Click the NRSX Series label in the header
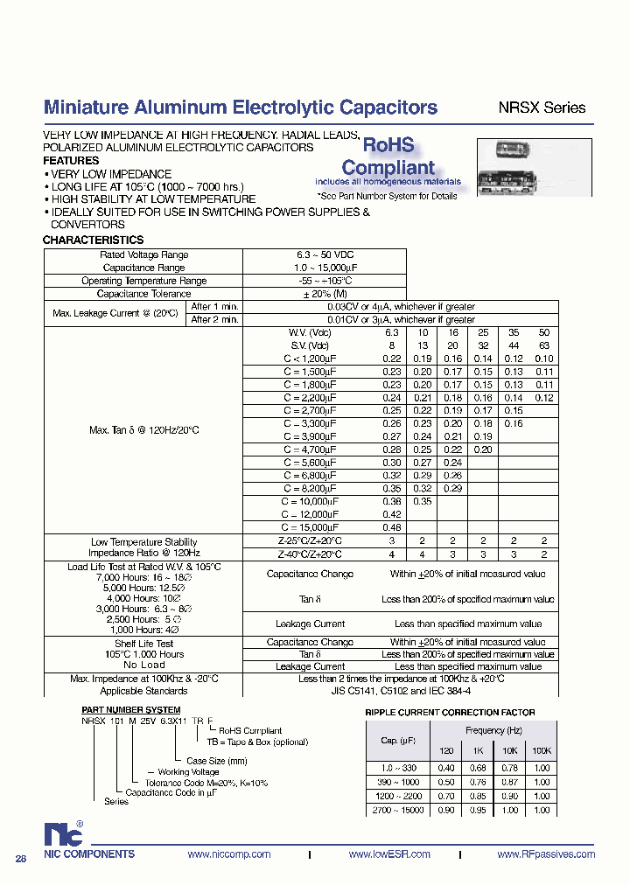tap(541, 108)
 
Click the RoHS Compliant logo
tap(388, 157)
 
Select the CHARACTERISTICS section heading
tap(93, 240)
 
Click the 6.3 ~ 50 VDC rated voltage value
tap(324, 254)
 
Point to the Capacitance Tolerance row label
tap(143, 294)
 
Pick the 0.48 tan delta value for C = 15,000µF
tap(392, 527)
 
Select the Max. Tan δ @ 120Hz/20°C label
tap(144, 430)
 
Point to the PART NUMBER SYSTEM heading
tap(130, 709)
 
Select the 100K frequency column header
tap(542, 751)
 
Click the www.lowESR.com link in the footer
tap(388, 854)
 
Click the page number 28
tap(21, 859)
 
